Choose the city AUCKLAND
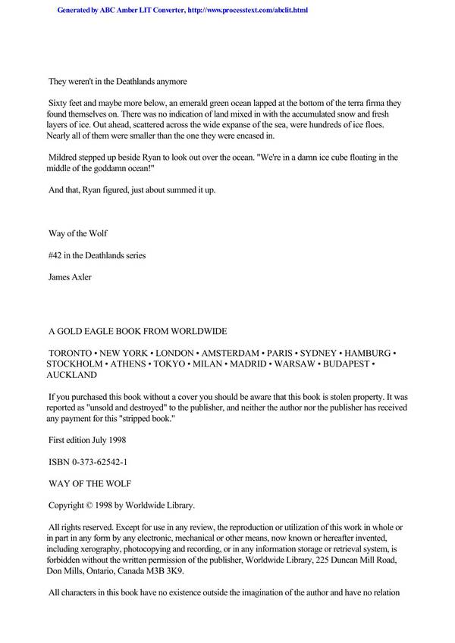pos(72,374)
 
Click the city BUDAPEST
pos(346,364)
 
